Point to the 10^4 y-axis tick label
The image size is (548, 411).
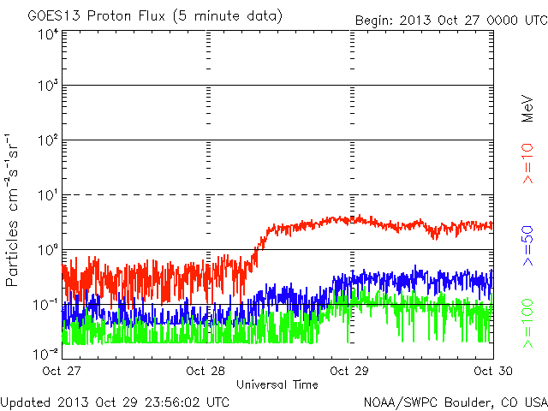click(48, 34)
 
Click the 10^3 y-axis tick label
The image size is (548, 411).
click(48, 86)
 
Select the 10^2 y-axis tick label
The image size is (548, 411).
click(48, 140)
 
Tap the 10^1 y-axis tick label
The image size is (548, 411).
click(48, 195)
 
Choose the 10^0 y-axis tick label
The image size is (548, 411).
click(48, 250)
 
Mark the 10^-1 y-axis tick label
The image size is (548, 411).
click(46, 304)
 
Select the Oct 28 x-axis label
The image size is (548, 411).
click(206, 371)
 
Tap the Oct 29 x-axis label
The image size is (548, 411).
click(349, 371)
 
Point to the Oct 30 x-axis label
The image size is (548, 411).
click(491, 371)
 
